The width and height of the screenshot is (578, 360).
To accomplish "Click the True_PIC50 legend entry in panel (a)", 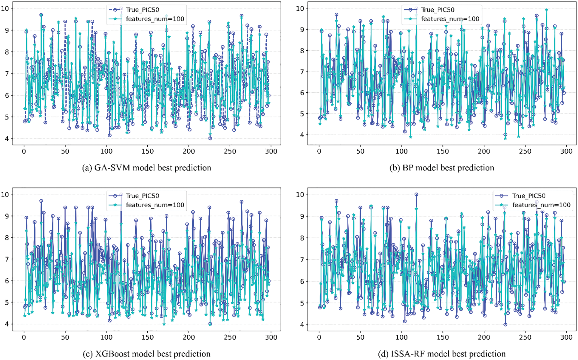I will (142, 10).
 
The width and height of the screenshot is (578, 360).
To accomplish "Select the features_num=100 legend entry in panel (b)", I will (450, 19).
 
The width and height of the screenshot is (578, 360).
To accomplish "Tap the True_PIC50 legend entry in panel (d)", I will (528, 196).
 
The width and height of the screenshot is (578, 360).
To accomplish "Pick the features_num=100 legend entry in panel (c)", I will (155, 205).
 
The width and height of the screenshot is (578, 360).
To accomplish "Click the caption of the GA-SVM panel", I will (146, 168).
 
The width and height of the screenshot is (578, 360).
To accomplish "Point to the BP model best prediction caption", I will (441, 168).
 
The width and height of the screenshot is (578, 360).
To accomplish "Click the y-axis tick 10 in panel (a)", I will (5, 8).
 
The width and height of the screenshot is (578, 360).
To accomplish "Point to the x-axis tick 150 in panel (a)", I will (147, 151).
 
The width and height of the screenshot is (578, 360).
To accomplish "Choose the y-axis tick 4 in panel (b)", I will (302, 135).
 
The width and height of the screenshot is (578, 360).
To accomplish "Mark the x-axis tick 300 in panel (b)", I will (566, 151).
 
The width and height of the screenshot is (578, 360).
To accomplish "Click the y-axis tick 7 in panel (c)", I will (7, 259).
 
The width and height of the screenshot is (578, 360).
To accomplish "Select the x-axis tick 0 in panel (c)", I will (24, 337).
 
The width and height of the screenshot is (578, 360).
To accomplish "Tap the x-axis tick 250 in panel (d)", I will (525, 337).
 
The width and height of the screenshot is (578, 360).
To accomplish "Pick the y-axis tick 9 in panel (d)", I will (302, 216).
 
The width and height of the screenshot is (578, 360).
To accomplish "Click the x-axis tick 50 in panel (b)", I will (360, 151).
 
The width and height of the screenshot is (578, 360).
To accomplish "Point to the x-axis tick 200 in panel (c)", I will (188, 337).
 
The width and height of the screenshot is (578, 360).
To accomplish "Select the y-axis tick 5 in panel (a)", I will (7, 117).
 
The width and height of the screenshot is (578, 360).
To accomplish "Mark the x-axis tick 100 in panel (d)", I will (401, 337).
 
